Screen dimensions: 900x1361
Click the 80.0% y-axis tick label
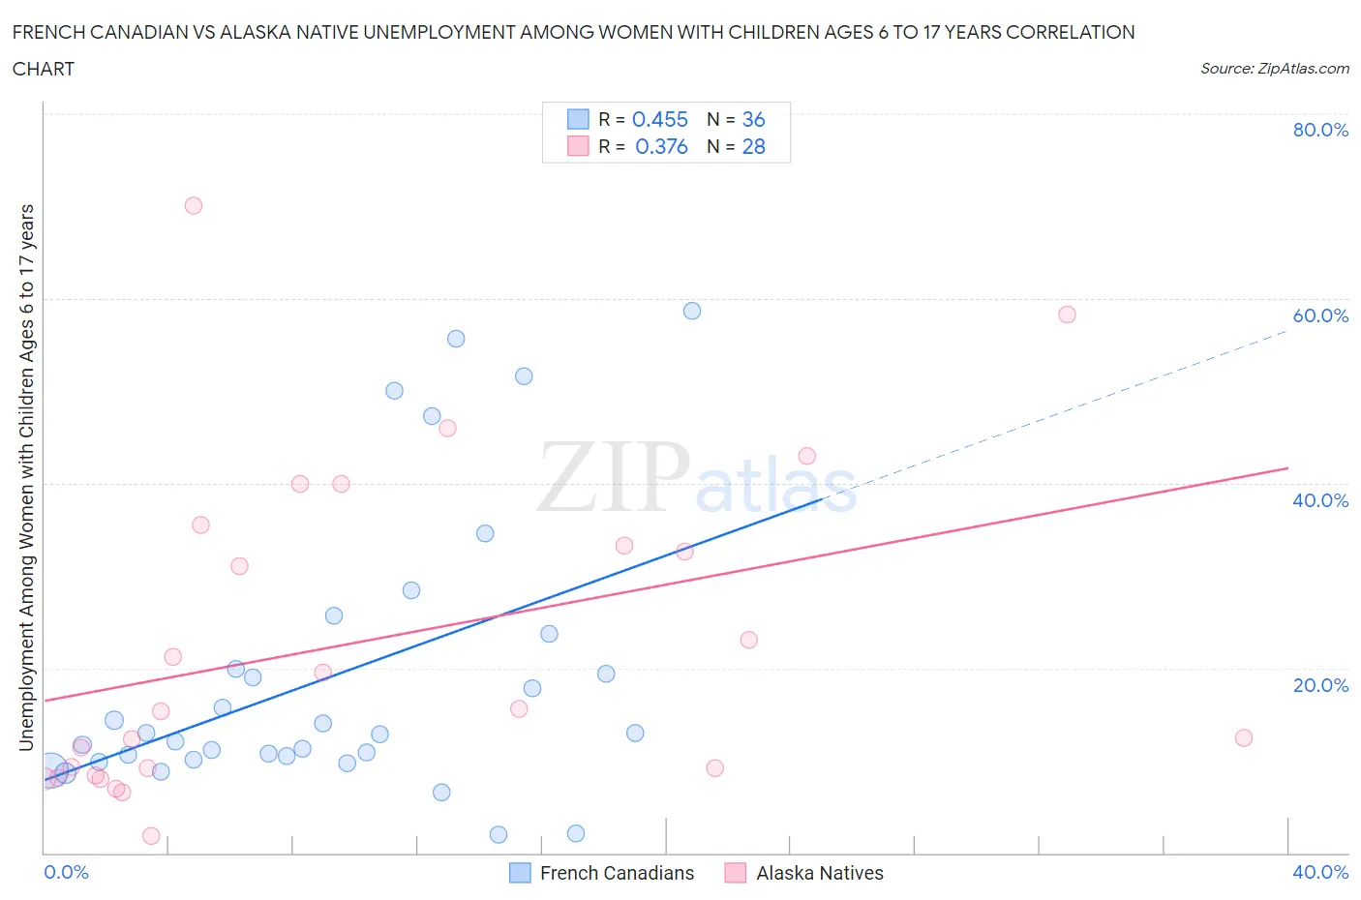pyautogui.click(x=1319, y=130)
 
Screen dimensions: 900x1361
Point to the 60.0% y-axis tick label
pyautogui.click(x=1319, y=315)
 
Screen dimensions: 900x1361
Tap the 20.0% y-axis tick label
pyautogui.click(x=1319, y=685)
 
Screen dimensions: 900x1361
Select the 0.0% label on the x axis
pyautogui.click(x=66, y=872)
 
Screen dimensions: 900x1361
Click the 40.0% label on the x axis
pyautogui.click(x=1319, y=872)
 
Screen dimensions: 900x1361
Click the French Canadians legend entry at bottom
pyautogui.click(x=616, y=873)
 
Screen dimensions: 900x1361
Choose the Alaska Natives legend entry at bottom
pyautogui.click(x=819, y=873)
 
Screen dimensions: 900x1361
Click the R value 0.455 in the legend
pyautogui.click(x=659, y=119)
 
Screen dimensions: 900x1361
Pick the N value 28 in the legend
pyautogui.click(x=753, y=146)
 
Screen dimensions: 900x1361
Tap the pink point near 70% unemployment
pyautogui.click(x=194, y=205)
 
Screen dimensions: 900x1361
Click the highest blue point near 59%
pyautogui.click(x=692, y=311)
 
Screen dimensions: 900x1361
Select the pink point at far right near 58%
pyautogui.click(x=1067, y=315)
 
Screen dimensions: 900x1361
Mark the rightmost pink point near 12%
pyautogui.click(x=1244, y=737)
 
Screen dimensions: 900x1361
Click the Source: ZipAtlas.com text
pyautogui.click(x=1274, y=69)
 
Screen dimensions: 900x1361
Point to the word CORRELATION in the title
pyautogui.click(x=1070, y=32)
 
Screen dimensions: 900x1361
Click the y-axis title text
pyautogui.click(x=26, y=477)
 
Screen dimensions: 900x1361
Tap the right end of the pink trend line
pyautogui.click(x=1286, y=468)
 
